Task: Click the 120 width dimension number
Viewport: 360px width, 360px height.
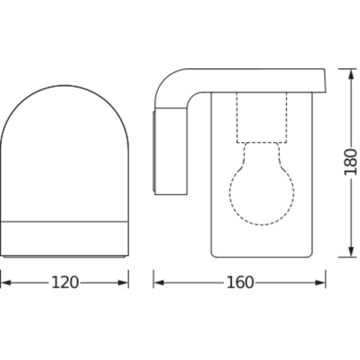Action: [65, 283]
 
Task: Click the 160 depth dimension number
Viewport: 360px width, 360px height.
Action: [240, 283]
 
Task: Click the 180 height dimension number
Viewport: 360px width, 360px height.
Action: [350, 162]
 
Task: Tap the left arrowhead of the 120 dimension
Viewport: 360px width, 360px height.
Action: [5, 283]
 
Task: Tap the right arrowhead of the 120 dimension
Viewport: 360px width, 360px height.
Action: [123, 283]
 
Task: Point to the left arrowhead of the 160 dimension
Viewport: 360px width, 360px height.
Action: [158, 283]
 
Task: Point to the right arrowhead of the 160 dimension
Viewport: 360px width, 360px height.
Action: [320, 283]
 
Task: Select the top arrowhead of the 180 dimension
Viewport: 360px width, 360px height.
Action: [351, 74]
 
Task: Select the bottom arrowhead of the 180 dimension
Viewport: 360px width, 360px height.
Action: [351, 252]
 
